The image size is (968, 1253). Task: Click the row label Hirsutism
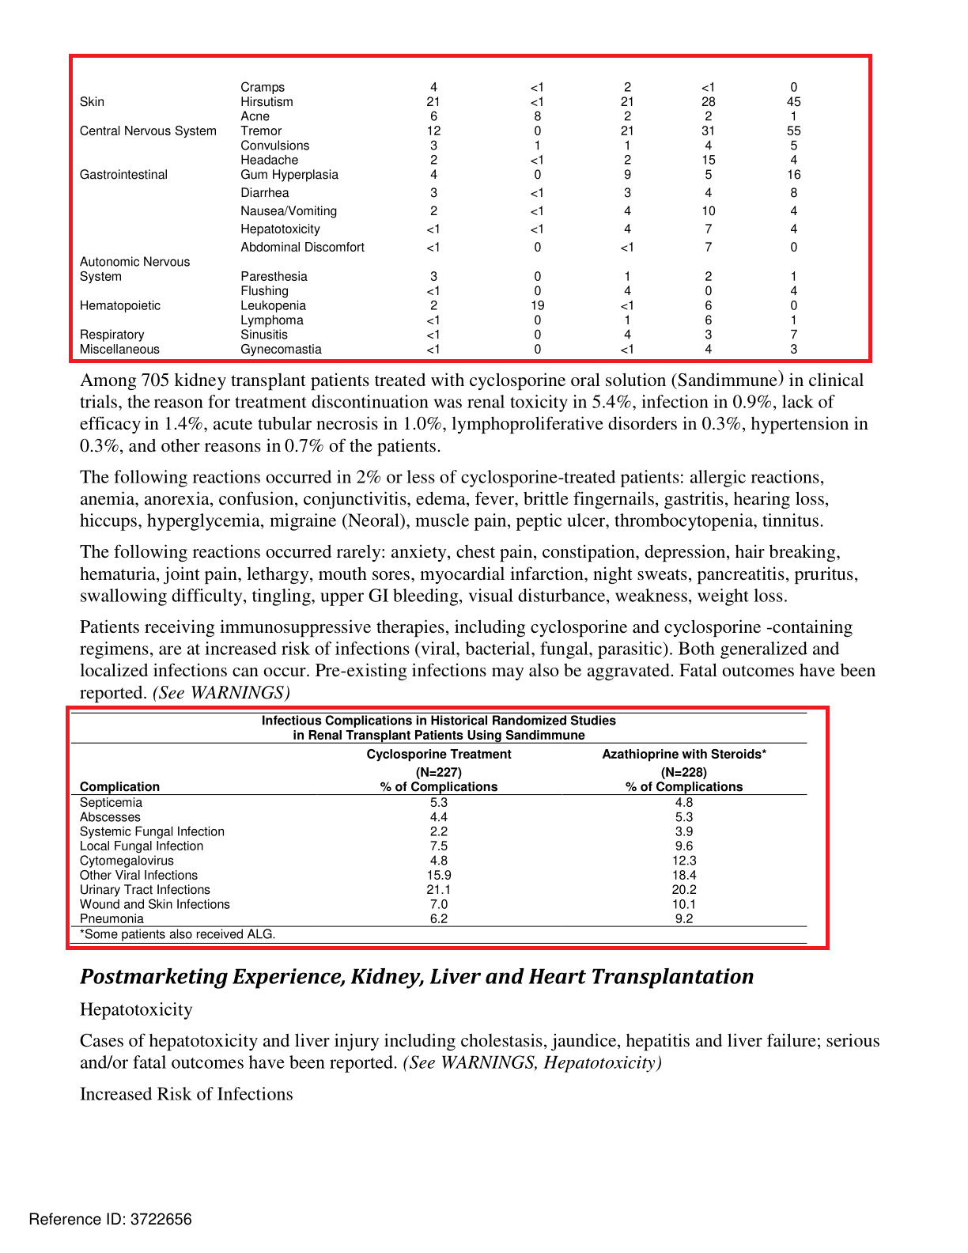tap(267, 102)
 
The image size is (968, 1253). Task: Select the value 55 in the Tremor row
tap(793, 131)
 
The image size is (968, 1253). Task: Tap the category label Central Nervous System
tap(148, 131)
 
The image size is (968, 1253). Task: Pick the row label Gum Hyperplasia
tap(289, 175)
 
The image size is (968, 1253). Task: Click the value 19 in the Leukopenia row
tap(537, 306)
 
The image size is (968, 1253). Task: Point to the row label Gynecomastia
tap(281, 350)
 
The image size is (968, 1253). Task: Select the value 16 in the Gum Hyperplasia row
tap(793, 175)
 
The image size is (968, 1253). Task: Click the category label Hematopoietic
tap(120, 306)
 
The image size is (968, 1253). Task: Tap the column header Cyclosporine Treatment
tap(439, 755)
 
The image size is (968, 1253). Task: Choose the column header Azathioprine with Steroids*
tap(684, 755)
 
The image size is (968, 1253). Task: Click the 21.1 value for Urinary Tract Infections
tap(439, 890)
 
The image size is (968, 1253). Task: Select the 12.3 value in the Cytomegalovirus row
tap(684, 861)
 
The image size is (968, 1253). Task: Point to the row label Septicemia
tap(111, 803)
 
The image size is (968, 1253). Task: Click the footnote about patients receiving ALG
tap(178, 934)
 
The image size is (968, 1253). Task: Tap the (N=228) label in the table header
tap(684, 772)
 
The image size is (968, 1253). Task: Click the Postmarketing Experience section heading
tap(417, 977)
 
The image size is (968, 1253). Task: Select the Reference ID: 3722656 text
tap(110, 1220)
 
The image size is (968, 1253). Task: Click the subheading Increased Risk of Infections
tap(186, 1094)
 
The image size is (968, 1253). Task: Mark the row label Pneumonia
tap(112, 919)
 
